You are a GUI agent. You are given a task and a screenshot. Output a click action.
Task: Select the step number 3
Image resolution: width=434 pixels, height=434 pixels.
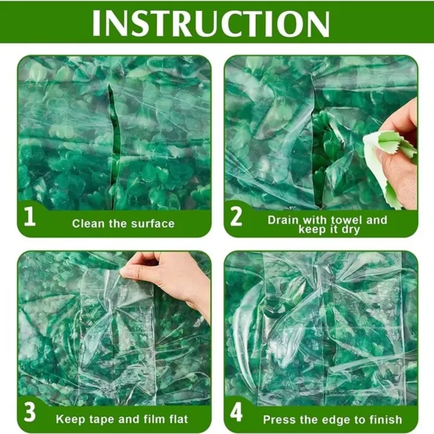click(30, 415)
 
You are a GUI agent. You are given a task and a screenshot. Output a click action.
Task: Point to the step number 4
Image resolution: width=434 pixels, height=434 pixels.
click(237, 415)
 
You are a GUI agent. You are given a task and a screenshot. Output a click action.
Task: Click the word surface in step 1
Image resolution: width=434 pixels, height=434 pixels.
click(153, 224)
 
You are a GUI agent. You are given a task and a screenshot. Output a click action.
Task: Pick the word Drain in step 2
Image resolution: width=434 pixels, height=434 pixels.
click(283, 219)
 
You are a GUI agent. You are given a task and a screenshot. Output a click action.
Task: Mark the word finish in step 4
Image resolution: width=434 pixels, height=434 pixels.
click(385, 419)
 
